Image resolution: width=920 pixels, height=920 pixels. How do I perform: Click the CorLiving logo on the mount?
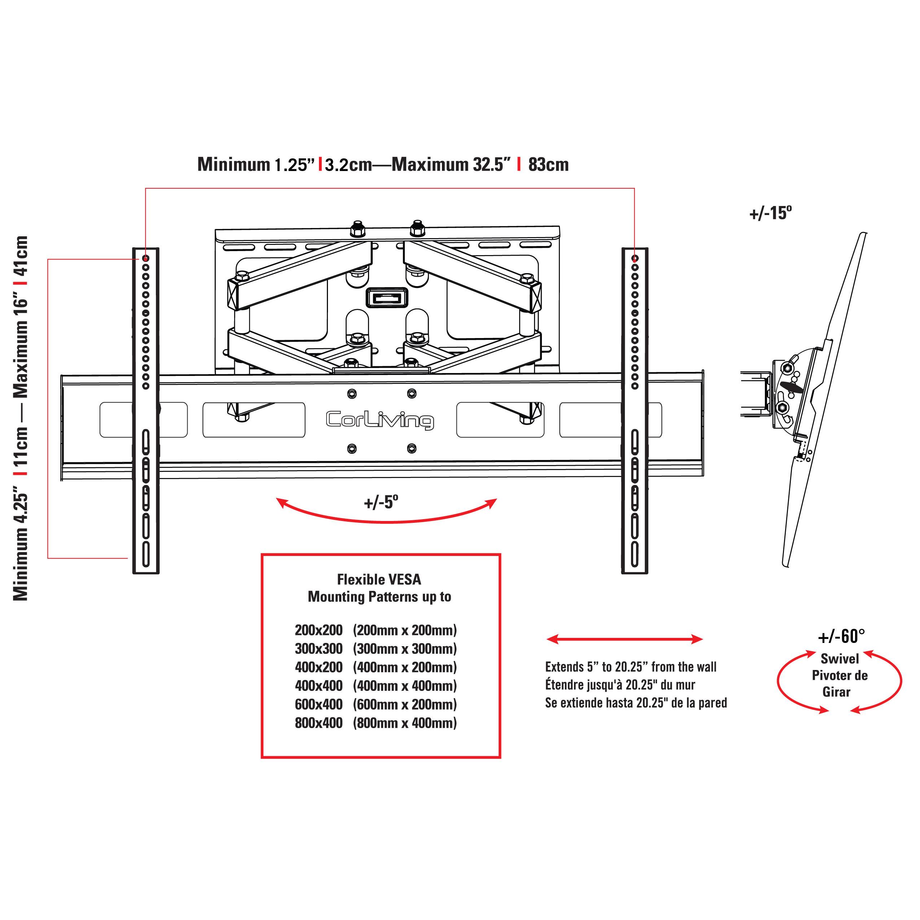[x=380, y=420]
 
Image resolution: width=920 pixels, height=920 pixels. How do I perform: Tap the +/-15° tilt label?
[x=771, y=213]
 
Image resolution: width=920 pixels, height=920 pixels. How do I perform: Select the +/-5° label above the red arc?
[x=381, y=502]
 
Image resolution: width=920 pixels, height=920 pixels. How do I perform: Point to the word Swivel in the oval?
[x=840, y=659]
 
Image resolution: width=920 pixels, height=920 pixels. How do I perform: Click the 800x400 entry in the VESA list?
[x=319, y=723]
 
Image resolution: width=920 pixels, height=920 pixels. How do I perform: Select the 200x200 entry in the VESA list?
[x=319, y=630]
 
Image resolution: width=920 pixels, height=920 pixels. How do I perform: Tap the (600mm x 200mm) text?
[x=405, y=704]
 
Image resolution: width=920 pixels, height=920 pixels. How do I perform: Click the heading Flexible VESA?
[x=379, y=579]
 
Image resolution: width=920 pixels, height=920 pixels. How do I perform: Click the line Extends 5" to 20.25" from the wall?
[x=631, y=667]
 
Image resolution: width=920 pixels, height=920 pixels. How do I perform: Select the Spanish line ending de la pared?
[x=636, y=703]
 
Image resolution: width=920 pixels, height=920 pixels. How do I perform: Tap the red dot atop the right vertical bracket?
[x=635, y=259]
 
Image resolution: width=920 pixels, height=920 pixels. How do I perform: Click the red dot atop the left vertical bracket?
[x=146, y=259]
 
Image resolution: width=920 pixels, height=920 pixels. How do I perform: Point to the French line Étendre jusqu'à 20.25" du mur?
[x=620, y=685]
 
